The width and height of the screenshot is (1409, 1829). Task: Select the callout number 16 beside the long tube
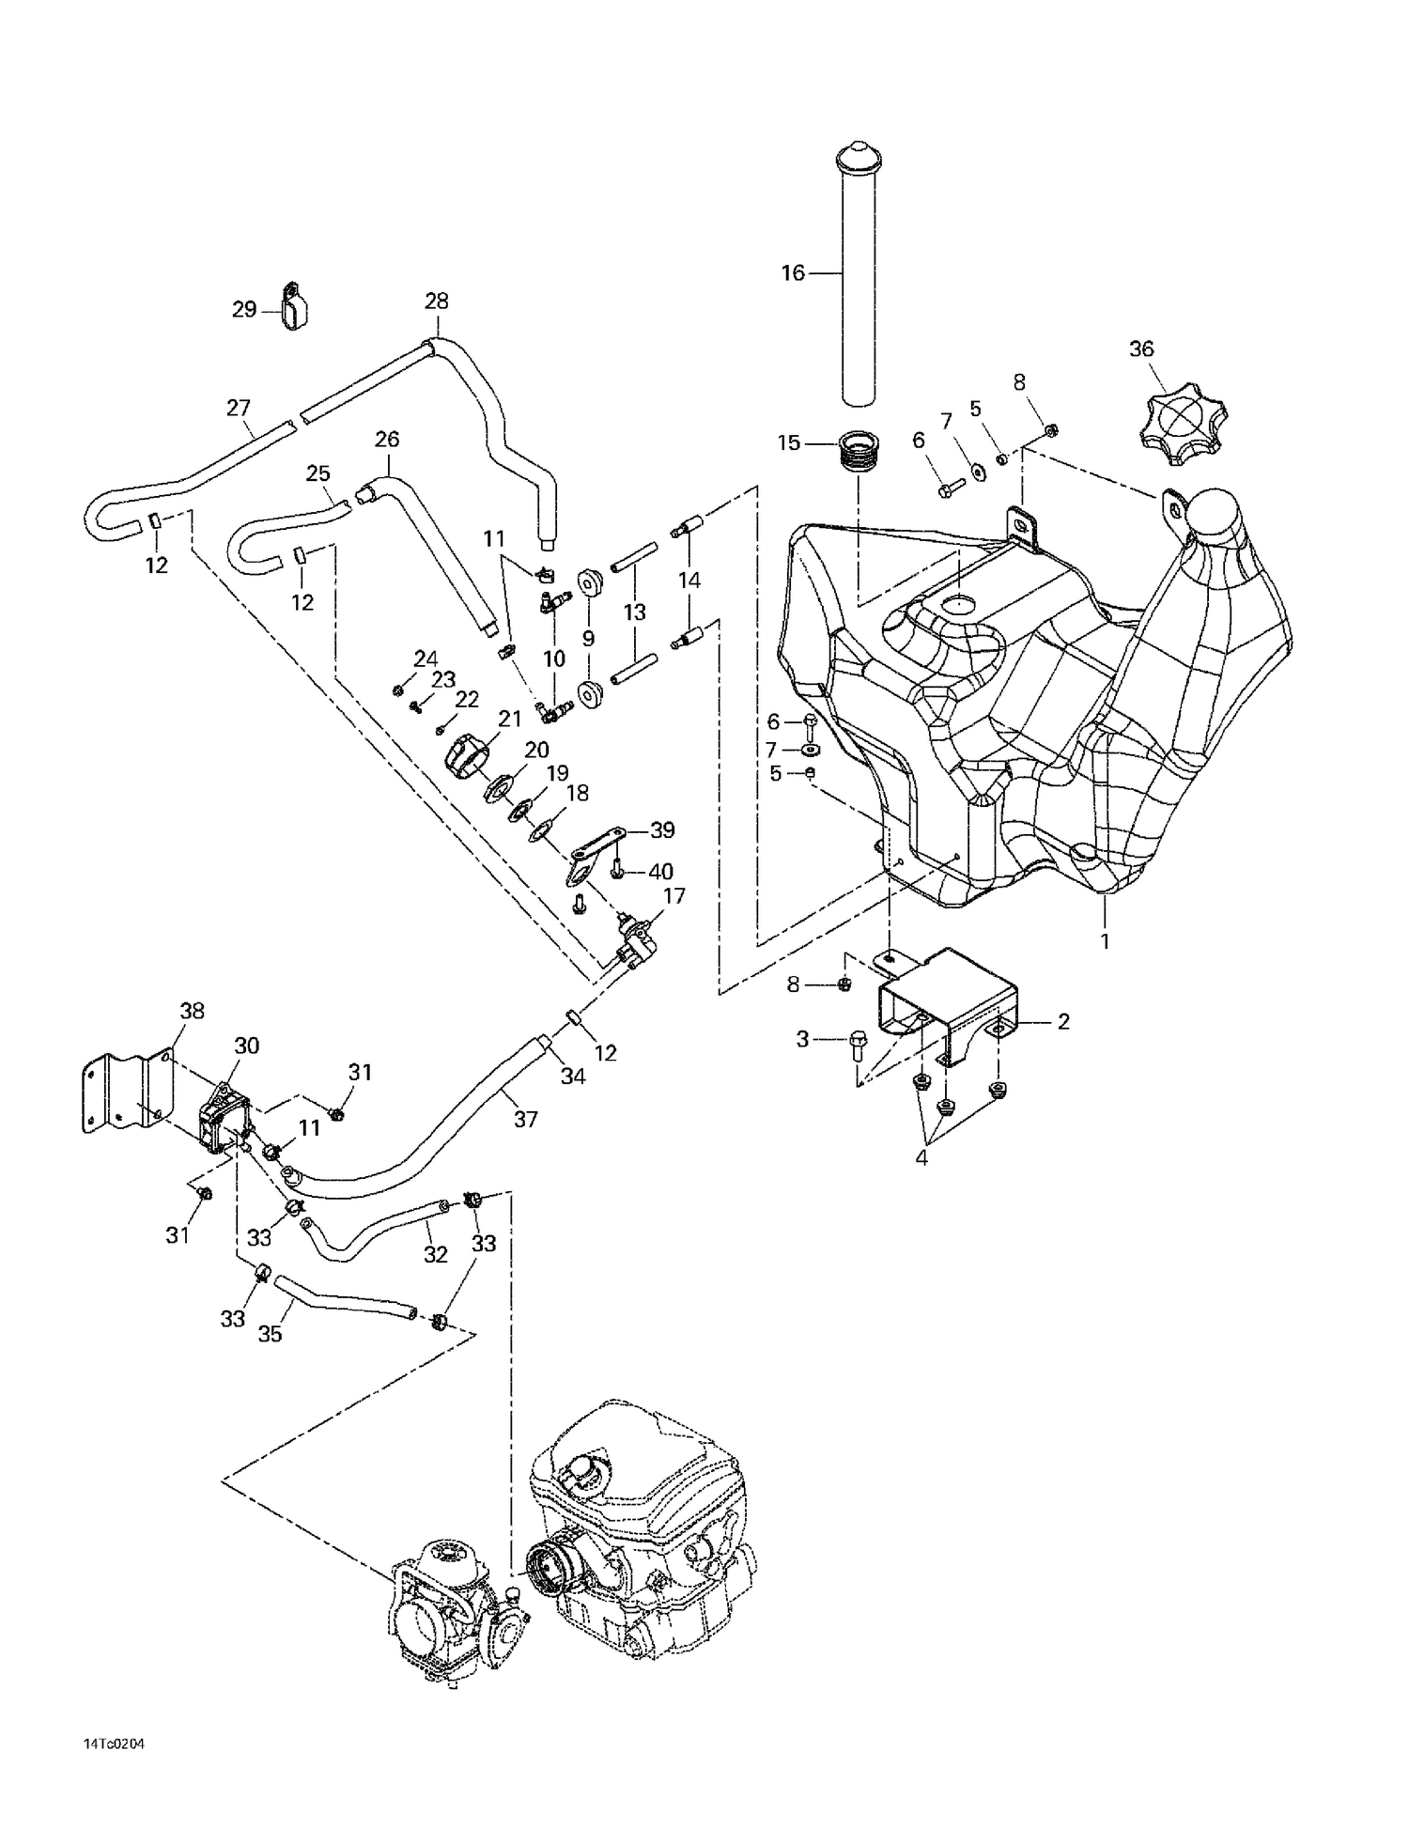point(793,273)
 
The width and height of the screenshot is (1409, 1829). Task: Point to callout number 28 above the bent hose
point(436,302)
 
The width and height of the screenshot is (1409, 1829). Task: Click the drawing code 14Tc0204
point(114,1744)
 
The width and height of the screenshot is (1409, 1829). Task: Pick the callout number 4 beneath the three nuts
point(921,1158)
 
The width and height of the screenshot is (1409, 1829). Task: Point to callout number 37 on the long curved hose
point(525,1119)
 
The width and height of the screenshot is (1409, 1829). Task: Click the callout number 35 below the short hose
point(270,1334)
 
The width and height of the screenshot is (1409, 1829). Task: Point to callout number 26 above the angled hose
point(387,439)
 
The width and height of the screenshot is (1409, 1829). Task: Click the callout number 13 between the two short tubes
point(634,612)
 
